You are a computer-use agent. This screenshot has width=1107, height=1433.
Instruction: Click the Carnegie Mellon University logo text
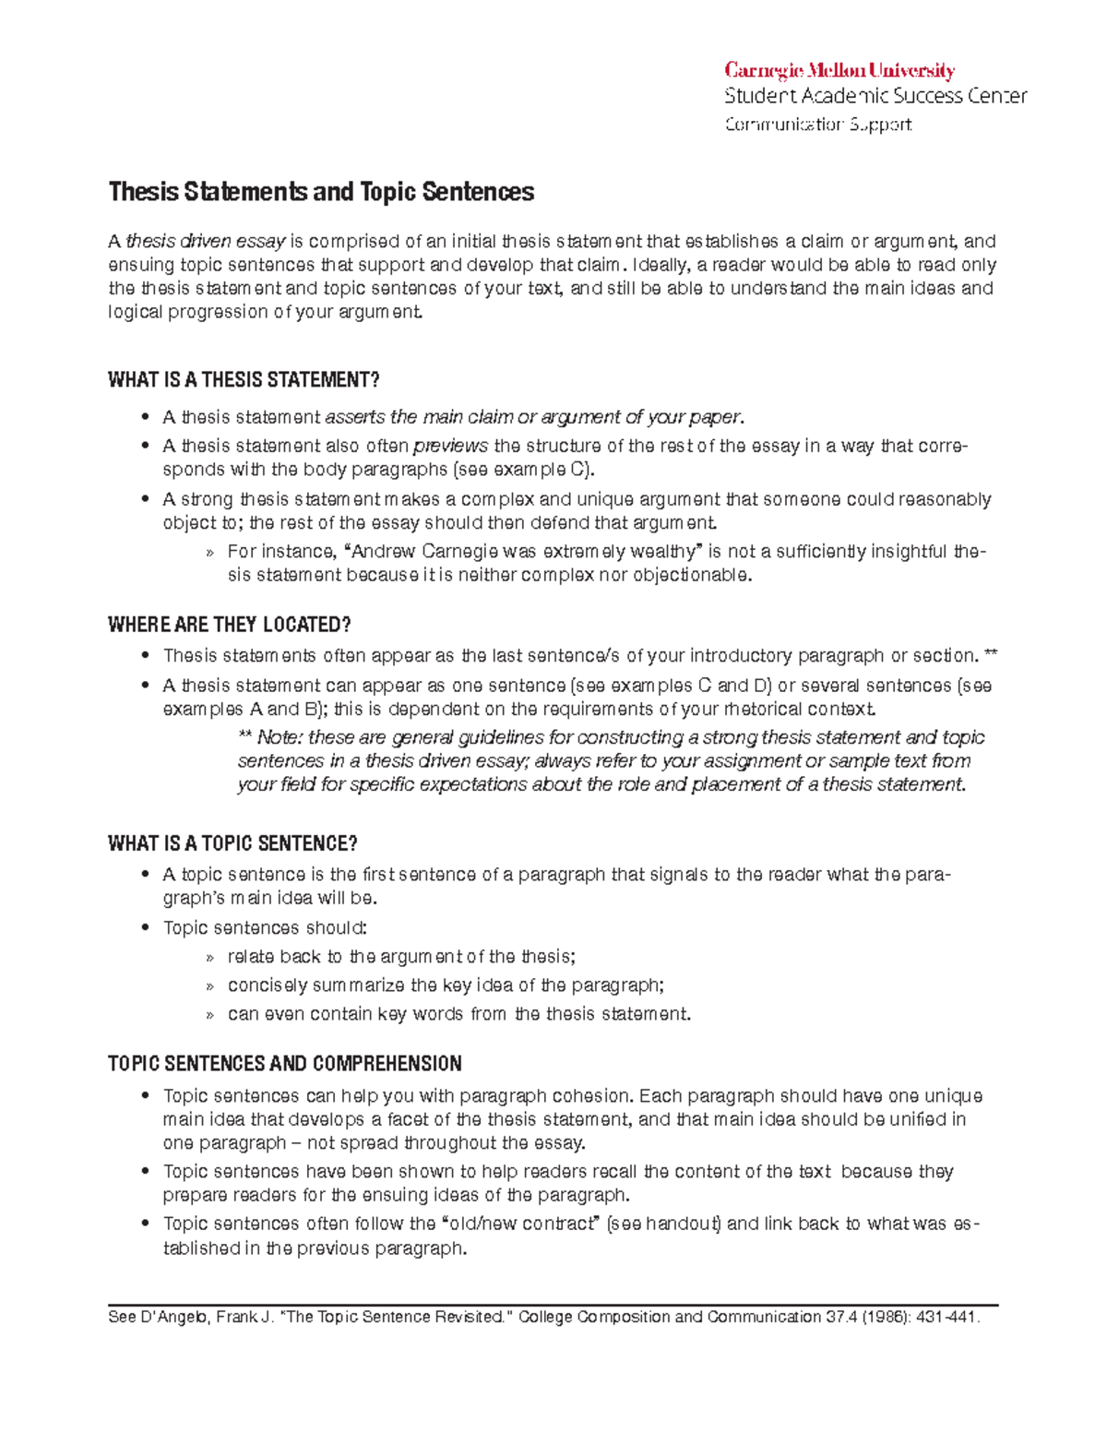(x=839, y=71)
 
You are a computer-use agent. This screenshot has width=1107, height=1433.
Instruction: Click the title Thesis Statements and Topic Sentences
(x=321, y=192)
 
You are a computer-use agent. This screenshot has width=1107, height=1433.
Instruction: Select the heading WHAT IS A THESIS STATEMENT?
(x=244, y=380)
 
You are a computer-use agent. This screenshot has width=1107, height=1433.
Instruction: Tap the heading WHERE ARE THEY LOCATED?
(x=230, y=625)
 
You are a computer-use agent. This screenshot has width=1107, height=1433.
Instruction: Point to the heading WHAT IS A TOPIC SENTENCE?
(x=232, y=843)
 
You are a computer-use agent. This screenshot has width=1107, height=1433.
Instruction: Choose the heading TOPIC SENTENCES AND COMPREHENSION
(x=285, y=1064)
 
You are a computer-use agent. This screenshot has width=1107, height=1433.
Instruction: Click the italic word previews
(x=450, y=447)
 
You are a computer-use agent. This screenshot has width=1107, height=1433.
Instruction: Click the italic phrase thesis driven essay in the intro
(x=206, y=242)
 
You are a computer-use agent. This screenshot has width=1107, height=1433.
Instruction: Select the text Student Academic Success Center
(x=875, y=96)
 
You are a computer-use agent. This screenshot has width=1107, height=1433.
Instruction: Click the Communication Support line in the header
(x=818, y=125)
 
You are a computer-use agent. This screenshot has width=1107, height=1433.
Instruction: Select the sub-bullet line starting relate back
(x=401, y=957)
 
